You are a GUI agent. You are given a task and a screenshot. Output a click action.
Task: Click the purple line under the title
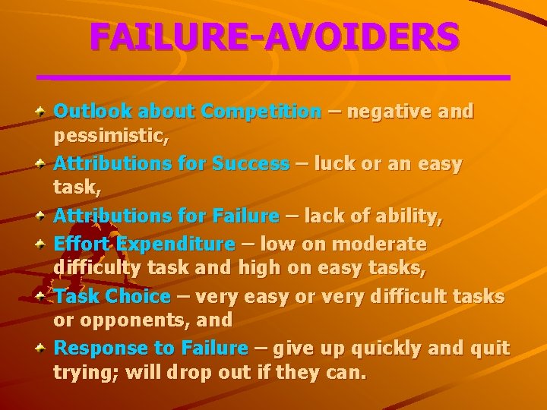point(273,77)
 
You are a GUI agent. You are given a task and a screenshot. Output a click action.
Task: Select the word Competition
point(261,112)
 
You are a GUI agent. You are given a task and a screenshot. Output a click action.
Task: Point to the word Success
point(251,164)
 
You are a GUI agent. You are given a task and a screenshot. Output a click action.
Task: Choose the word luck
point(332,164)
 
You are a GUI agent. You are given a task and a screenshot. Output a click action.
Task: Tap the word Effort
point(81,244)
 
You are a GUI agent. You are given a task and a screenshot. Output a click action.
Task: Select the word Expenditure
point(175,244)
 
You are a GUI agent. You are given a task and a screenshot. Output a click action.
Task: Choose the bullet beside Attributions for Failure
point(43,216)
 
